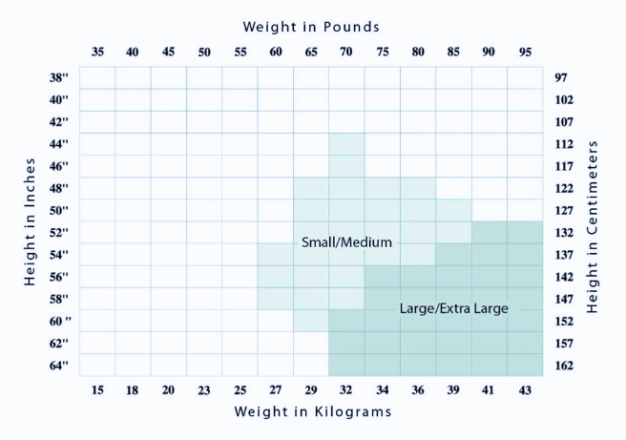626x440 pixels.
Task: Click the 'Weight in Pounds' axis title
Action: (311, 27)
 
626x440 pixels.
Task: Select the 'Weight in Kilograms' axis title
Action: (313, 411)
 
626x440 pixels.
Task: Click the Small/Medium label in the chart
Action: (346, 242)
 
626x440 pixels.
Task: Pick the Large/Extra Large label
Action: (453, 308)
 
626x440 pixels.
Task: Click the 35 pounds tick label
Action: (97, 52)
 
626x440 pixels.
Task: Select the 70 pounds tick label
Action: (346, 52)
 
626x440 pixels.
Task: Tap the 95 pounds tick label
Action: (524, 52)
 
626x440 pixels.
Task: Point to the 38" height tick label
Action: (58, 77)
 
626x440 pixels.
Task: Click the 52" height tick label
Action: (58, 232)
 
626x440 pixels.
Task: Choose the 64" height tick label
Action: (58, 366)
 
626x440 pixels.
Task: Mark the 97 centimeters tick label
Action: (563, 77)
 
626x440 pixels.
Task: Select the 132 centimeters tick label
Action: (563, 232)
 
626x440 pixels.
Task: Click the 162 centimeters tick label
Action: (563, 366)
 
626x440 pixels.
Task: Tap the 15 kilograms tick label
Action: (97, 389)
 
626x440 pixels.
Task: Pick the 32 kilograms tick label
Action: (346, 389)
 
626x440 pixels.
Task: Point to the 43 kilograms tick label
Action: (524, 389)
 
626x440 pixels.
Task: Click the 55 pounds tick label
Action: (240, 52)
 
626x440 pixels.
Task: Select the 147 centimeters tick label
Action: (563, 299)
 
